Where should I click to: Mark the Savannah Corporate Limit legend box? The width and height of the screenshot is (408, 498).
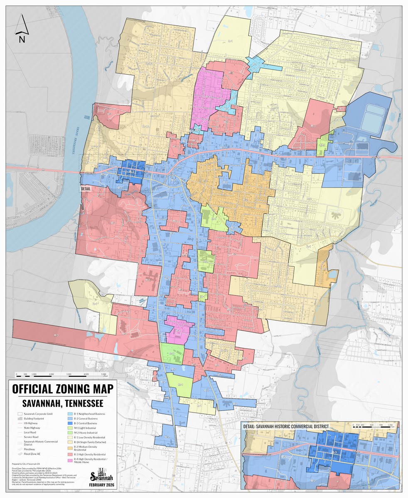[21, 414]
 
